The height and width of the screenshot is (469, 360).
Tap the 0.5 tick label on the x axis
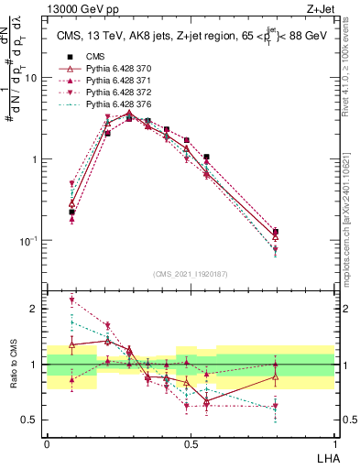191,442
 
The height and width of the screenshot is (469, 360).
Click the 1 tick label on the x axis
334,442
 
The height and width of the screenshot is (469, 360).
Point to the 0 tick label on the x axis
47,442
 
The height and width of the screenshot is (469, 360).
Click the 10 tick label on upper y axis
30,78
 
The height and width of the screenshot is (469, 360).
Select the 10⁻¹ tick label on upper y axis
27,240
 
